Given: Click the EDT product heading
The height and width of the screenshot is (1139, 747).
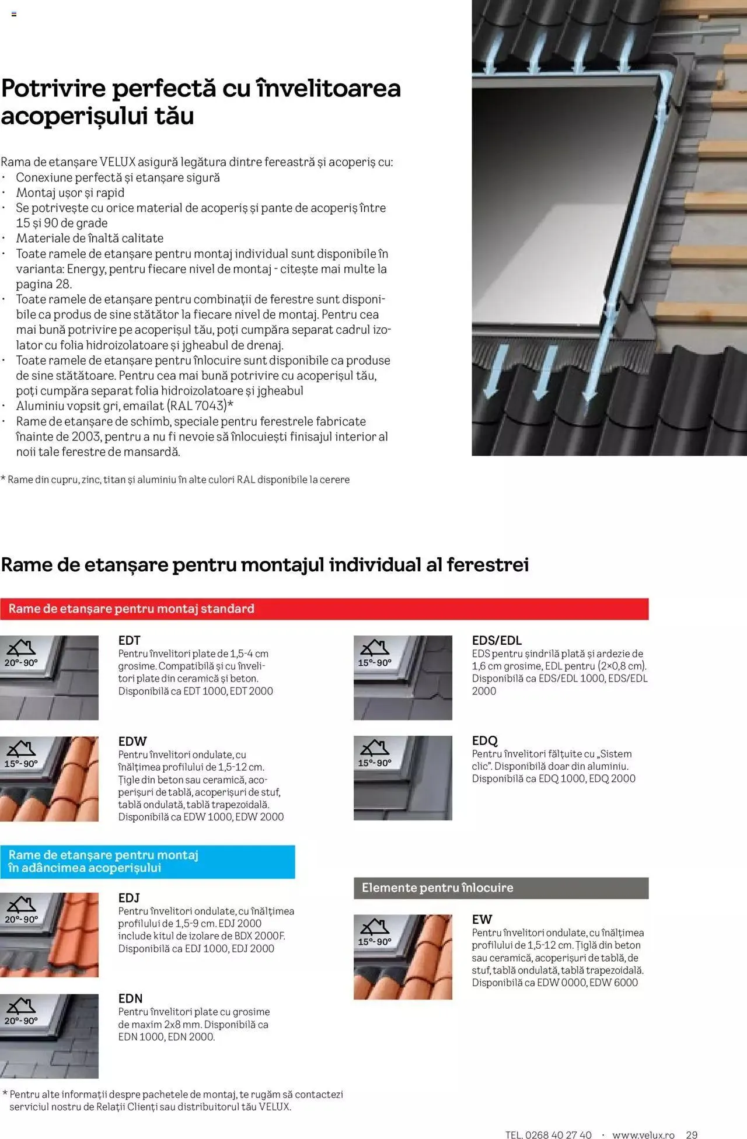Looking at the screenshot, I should click(x=129, y=640).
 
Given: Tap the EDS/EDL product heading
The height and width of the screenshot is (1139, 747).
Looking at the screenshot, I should click(x=497, y=640).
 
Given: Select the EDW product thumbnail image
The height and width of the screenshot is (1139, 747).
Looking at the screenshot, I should click(x=49, y=778).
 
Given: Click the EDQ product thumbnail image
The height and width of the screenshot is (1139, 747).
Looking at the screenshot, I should click(x=403, y=778).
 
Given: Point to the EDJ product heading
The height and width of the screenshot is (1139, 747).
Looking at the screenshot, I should click(x=129, y=897).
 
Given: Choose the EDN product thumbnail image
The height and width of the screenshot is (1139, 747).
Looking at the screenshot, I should click(x=49, y=1036).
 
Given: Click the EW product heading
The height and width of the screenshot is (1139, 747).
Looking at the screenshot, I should click(x=482, y=919).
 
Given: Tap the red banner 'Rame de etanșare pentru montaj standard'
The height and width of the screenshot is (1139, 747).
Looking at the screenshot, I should click(x=324, y=609).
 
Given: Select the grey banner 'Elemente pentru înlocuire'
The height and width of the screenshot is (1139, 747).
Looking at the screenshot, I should click(x=501, y=888).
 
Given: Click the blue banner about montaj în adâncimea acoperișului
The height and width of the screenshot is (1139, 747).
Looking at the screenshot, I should click(x=147, y=861).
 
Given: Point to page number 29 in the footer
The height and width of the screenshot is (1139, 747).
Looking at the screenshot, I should click(x=692, y=1134).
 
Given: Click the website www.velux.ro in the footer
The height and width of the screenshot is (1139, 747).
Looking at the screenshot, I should click(x=643, y=1134).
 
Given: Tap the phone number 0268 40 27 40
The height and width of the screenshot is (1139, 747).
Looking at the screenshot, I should click(x=558, y=1134).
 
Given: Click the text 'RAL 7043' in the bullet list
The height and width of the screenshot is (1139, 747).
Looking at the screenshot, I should click(x=197, y=406).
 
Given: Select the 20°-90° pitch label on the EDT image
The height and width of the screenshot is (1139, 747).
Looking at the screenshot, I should click(x=21, y=663).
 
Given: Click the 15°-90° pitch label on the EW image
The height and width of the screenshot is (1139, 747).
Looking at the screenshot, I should click(x=375, y=942).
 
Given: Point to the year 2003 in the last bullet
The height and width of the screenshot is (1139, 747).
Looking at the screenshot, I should click(x=86, y=436).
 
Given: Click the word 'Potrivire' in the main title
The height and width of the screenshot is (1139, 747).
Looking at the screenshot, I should click(x=53, y=89).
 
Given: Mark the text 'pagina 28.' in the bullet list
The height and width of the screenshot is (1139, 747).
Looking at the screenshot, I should click(x=44, y=284).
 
